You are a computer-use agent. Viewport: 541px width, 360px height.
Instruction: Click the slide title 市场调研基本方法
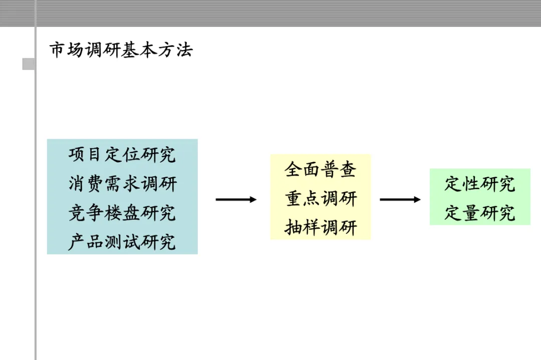(121, 50)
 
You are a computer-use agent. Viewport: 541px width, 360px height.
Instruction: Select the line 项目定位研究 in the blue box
(122, 155)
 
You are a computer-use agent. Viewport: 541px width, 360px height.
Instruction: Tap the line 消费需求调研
(122, 184)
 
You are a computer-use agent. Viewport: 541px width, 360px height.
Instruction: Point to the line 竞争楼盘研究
(122, 213)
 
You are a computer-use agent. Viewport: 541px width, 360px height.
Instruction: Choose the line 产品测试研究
(122, 242)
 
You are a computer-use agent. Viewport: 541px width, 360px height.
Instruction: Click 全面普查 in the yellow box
(321, 170)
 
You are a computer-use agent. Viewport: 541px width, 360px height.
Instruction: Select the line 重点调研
(321, 199)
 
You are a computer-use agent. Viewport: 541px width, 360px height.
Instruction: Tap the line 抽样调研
(321, 228)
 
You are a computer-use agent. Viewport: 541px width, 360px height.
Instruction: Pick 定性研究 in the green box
(479, 184)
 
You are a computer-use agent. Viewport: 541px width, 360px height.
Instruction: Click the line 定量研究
(479, 213)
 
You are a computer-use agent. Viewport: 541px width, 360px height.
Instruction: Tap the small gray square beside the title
(29, 64)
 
